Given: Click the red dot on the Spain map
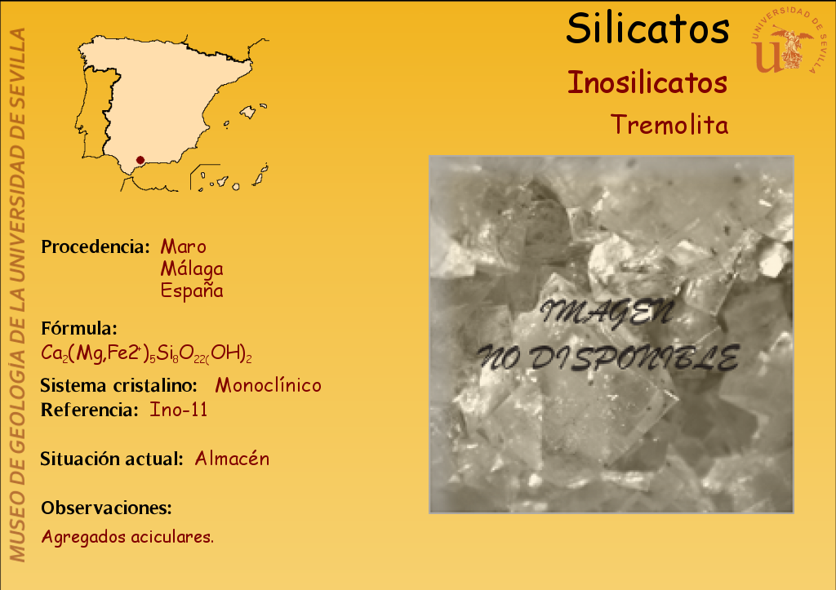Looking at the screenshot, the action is pyautogui.click(x=140, y=160).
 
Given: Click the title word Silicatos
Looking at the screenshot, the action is pyautogui.click(x=647, y=29).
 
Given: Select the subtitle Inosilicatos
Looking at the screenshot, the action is pyautogui.click(x=647, y=82).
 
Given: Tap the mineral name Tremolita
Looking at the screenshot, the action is pyautogui.click(x=669, y=125).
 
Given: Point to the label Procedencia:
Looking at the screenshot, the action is pyautogui.click(x=96, y=246).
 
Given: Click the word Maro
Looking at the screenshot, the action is pyautogui.click(x=184, y=246).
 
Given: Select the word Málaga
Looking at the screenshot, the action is pyautogui.click(x=192, y=268).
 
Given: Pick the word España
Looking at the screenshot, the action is pyautogui.click(x=192, y=291).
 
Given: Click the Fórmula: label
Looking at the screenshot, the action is pyautogui.click(x=79, y=328).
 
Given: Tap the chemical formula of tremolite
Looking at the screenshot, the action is pyautogui.click(x=146, y=353).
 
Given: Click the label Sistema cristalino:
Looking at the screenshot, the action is pyautogui.click(x=119, y=385).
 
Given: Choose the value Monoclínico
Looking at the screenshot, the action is pyautogui.click(x=268, y=385).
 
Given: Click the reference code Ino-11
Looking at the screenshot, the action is pyautogui.click(x=179, y=410).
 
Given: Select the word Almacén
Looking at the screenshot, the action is pyautogui.click(x=232, y=459).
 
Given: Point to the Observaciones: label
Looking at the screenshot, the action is pyautogui.click(x=106, y=508).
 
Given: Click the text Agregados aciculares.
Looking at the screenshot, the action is pyautogui.click(x=127, y=537).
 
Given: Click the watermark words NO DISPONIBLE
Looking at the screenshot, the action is pyautogui.click(x=608, y=357).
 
